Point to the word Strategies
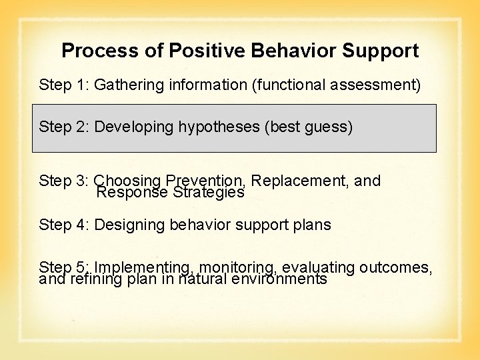[x=209, y=193]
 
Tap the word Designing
[x=129, y=225]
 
